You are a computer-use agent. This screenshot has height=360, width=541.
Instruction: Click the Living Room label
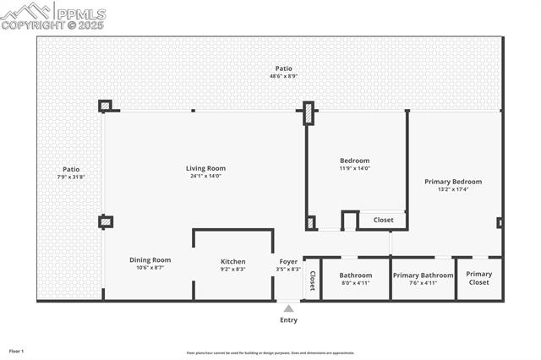[205, 168]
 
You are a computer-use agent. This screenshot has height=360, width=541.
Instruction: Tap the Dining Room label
[150, 260]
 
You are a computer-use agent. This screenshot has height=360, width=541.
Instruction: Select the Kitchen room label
[233, 261]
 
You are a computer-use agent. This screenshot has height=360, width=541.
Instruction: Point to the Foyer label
[288, 261]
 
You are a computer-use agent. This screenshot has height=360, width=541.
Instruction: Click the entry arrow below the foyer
[288, 308]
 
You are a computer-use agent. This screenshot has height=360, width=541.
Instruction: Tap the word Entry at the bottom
[288, 320]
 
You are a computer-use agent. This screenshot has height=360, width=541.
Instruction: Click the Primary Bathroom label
[423, 275]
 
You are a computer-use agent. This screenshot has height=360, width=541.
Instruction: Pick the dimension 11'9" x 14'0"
[355, 168]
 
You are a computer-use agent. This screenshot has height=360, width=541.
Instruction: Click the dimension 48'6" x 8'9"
[284, 76]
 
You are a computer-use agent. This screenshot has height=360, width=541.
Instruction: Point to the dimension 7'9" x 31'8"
[71, 177]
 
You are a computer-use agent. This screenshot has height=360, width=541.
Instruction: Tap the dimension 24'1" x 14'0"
[205, 176]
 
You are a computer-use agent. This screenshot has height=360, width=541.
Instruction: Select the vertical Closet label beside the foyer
[312, 280]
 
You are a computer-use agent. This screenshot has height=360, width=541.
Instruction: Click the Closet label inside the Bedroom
[383, 220]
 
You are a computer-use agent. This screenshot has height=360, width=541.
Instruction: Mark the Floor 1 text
[17, 350]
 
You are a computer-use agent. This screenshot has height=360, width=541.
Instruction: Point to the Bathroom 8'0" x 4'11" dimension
[355, 283]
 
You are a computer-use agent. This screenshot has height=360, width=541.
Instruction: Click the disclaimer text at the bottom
[270, 353]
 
